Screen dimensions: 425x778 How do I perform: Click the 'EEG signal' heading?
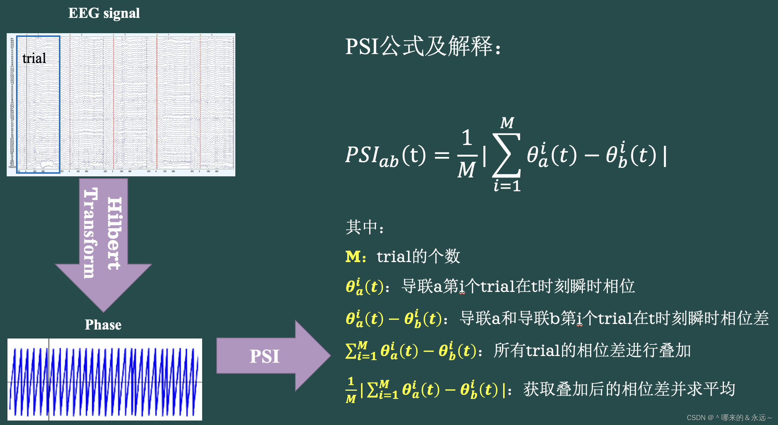click(x=104, y=13)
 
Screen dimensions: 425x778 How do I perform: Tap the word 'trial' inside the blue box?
click(x=34, y=58)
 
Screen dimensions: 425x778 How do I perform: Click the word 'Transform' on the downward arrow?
click(x=90, y=233)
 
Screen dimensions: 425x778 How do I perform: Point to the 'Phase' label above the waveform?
click(x=103, y=325)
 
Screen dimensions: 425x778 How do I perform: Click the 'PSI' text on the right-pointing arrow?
click(x=264, y=356)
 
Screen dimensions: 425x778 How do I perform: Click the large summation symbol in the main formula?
click(x=506, y=155)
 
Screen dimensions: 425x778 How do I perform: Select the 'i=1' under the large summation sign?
click(x=507, y=186)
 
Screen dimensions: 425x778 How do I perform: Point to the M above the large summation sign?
click(x=507, y=123)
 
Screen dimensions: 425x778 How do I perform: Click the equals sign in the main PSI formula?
click(x=442, y=155)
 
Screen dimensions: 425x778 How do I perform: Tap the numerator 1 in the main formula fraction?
click(x=467, y=138)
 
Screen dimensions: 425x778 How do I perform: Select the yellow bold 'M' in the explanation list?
click(x=353, y=257)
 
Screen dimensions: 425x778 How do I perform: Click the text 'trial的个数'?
click(x=418, y=256)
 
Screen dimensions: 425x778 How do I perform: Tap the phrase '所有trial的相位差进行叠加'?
click(x=592, y=350)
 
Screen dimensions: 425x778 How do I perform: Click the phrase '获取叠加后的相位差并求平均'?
click(x=629, y=389)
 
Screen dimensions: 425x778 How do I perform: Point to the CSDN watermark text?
click(x=729, y=418)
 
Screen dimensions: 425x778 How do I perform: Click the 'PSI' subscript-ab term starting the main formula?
click(x=371, y=156)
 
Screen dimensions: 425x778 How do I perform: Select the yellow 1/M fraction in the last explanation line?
click(x=351, y=390)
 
